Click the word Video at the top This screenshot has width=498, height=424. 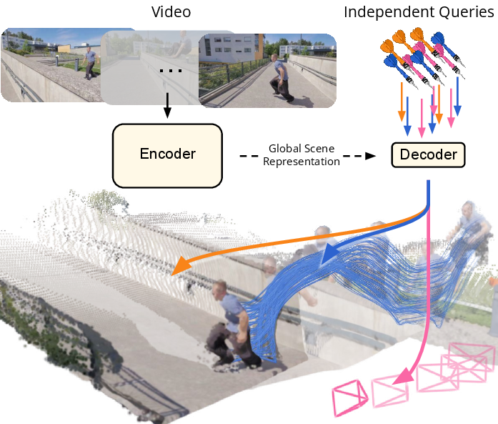(171, 12)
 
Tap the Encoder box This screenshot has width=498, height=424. (167, 155)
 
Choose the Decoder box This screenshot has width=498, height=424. (428, 154)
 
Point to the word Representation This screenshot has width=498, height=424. (302, 162)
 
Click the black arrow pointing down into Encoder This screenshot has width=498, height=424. (167, 105)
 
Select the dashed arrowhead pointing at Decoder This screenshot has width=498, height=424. (370, 156)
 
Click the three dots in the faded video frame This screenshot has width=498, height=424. (171, 71)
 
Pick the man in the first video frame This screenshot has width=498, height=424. (90, 63)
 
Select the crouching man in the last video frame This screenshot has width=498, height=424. (281, 78)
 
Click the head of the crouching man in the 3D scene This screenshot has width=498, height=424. (219, 289)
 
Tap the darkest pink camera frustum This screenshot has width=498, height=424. (349, 398)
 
